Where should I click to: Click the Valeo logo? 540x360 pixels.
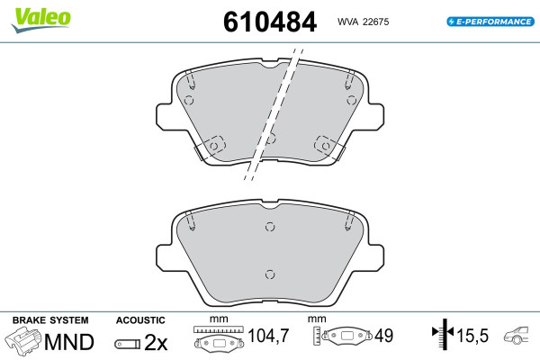coord(40,20)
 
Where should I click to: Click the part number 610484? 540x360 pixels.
coord(270,22)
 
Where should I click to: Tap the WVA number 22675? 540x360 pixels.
coord(375,22)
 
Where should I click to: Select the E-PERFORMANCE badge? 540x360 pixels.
coord(490,22)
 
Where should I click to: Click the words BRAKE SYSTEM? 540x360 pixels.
coord(50,320)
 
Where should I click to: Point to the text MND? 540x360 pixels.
coord(69,342)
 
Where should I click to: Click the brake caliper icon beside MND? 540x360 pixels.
coord(23,340)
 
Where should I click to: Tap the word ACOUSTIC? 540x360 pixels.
coord(140,320)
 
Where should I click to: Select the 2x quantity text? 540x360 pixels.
coord(156,342)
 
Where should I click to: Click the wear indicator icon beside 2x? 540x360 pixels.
coord(128,344)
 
